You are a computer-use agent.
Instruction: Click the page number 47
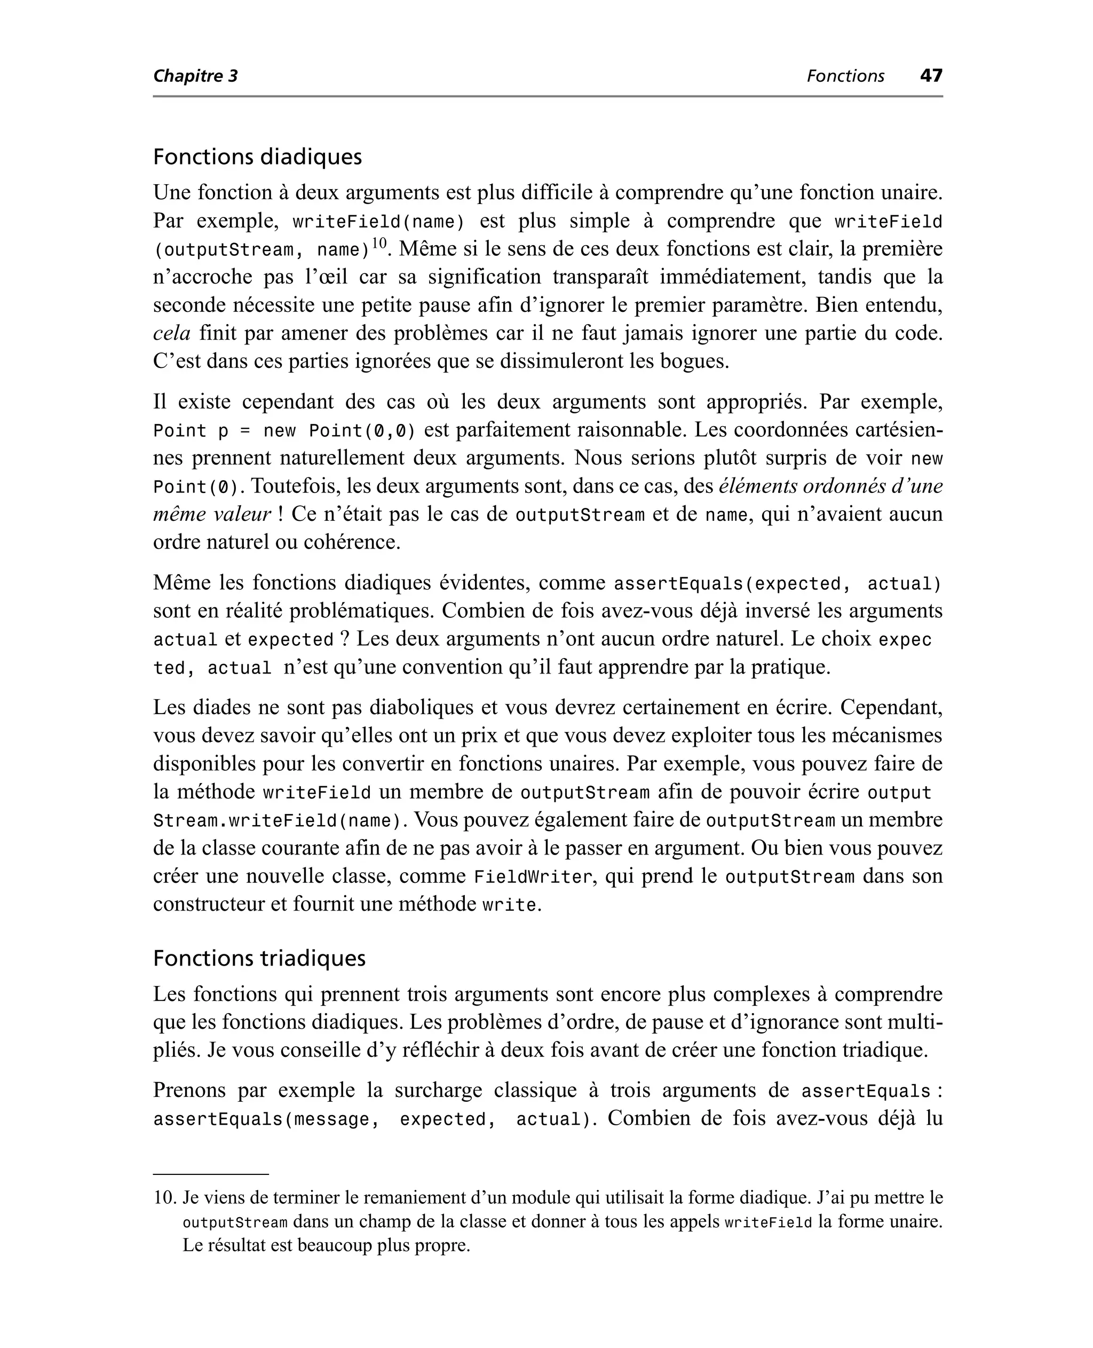(931, 76)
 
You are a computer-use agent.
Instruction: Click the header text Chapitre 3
(195, 76)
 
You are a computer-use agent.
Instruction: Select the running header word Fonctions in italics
(845, 76)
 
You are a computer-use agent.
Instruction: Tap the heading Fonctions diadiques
(258, 157)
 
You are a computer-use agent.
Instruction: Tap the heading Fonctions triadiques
(259, 958)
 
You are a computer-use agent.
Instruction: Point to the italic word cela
(171, 333)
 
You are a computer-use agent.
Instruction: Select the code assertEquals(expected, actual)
(777, 584)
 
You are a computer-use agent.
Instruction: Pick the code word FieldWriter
(533, 877)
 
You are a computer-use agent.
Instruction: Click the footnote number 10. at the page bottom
(165, 1197)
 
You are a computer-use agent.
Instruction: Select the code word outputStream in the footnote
(235, 1222)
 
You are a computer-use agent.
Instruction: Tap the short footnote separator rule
(210, 1174)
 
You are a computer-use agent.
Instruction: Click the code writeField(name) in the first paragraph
(378, 222)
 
